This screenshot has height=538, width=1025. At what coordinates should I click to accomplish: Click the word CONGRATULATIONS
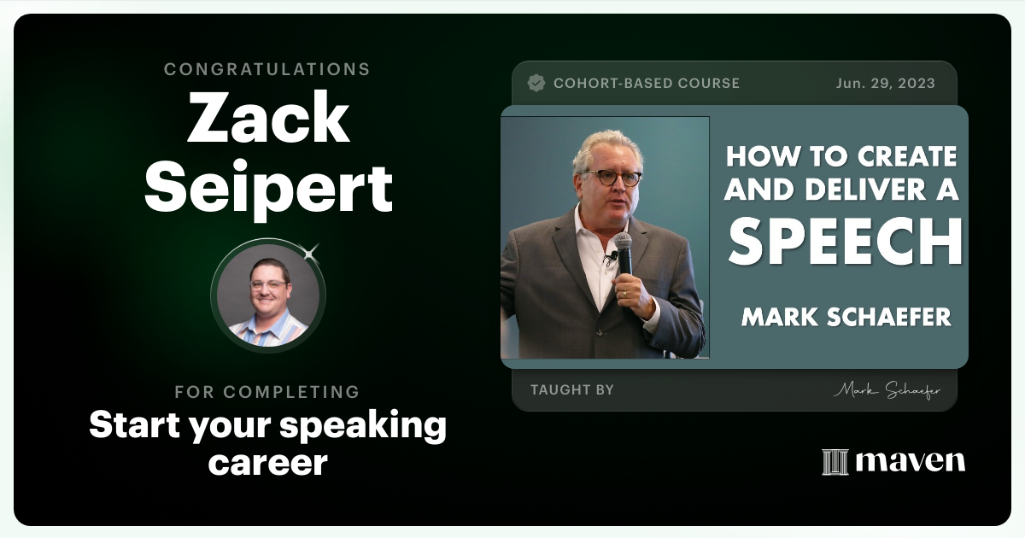click(267, 69)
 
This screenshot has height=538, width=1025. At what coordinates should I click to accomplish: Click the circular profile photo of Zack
click(268, 295)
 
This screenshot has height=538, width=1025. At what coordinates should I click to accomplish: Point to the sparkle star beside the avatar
click(310, 252)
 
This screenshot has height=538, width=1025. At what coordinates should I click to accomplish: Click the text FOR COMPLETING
click(267, 392)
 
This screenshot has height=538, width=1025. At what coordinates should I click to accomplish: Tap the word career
click(268, 462)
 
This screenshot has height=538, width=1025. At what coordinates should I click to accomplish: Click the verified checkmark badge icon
click(536, 83)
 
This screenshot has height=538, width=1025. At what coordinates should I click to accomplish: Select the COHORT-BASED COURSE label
click(647, 83)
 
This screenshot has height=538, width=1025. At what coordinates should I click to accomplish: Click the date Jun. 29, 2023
click(886, 83)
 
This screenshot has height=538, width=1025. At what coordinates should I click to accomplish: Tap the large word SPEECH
click(846, 243)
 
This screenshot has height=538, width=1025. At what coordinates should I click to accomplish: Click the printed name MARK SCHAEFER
click(846, 317)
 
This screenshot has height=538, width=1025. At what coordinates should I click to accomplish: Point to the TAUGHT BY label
click(572, 389)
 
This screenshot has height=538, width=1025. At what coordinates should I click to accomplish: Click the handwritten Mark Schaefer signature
click(887, 390)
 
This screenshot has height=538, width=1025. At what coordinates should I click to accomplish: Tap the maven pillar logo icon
click(835, 462)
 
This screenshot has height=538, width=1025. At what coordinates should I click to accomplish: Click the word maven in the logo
click(911, 462)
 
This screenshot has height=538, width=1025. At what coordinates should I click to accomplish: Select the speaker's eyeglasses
click(612, 178)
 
